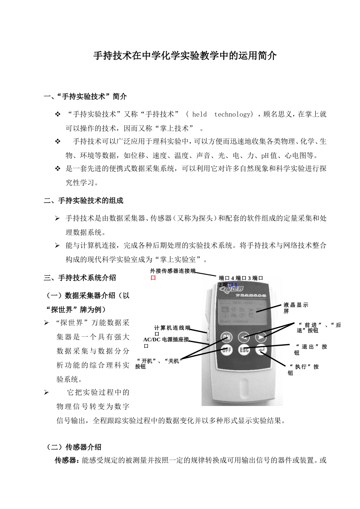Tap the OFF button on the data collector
tap(226, 350)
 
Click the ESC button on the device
tap(244, 350)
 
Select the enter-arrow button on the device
tap(261, 350)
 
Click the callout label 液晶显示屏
tap(296, 308)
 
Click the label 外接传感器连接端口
tap(173, 274)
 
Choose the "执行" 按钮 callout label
tap(303, 369)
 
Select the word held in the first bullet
tap(199, 114)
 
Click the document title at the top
tap(185, 56)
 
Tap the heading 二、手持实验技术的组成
tap(84, 200)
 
